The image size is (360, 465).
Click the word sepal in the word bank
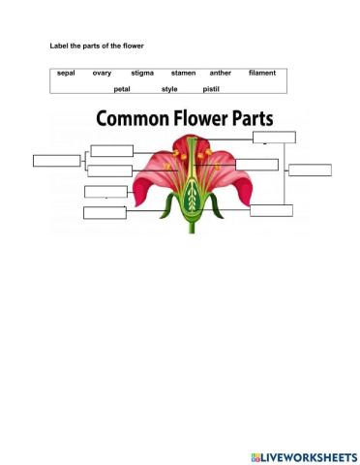click(66, 73)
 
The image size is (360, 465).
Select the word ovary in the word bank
click(102, 73)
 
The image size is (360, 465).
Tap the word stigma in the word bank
click(142, 73)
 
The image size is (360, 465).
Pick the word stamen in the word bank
click(183, 73)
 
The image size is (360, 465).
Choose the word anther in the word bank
click(221, 73)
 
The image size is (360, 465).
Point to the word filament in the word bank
click(262, 73)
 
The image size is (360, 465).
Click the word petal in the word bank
click(122, 88)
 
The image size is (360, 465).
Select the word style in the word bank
click(169, 88)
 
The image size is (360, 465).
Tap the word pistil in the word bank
click(211, 88)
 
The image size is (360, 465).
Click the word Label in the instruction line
click(59, 46)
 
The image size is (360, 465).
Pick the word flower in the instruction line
click(134, 46)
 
